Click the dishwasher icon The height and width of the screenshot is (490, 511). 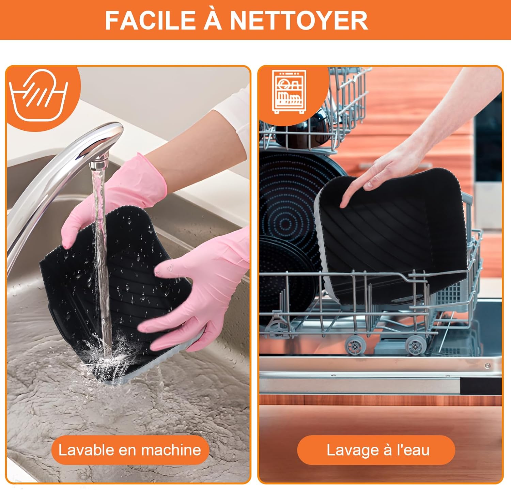click(289, 92)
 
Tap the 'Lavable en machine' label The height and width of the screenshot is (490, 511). click(130, 450)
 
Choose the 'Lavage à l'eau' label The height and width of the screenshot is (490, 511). click(378, 450)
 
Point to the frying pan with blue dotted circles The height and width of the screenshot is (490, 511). click(290, 211)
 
